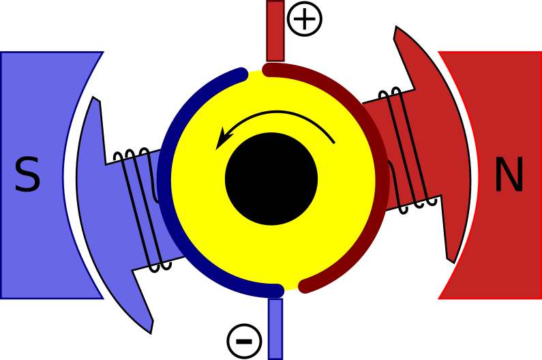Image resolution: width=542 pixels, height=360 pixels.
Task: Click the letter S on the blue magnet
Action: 28,174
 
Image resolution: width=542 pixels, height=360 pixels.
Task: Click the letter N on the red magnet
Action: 509,174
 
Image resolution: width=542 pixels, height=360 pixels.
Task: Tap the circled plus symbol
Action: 305,18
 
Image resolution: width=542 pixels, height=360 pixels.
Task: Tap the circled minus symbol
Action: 244,341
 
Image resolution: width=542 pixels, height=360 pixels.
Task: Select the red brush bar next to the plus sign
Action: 275,31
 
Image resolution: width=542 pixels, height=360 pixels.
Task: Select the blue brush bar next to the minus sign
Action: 275,329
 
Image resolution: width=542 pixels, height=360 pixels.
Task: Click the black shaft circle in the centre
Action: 271,179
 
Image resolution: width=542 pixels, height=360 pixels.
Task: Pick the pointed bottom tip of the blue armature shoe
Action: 151,333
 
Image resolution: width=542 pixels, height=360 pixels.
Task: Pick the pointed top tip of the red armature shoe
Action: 396,27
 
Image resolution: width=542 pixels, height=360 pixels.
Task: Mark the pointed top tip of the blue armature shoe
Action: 93,97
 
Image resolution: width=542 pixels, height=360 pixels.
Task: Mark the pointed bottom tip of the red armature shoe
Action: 453,262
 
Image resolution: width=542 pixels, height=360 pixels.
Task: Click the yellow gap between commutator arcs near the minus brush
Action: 291,287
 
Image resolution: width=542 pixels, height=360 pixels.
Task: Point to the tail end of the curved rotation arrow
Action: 334,142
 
